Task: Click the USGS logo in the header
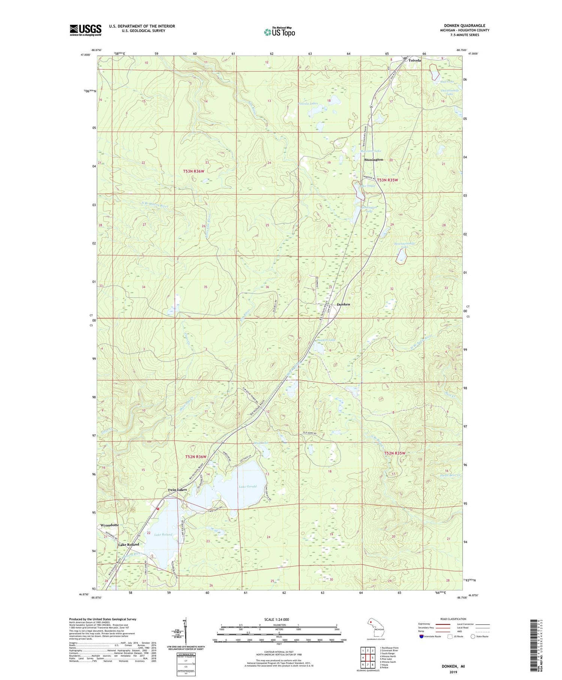[85, 30]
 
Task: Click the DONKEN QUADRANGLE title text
[465, 26]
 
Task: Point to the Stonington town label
[374, 160]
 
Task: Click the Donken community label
[343, 304]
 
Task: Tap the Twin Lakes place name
[177, 490]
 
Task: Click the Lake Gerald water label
[248, 486]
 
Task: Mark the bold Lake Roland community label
[129, 544]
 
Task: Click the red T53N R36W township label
[194, 171]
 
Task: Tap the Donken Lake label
[326, 340]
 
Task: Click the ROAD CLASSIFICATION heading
[453, 619]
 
